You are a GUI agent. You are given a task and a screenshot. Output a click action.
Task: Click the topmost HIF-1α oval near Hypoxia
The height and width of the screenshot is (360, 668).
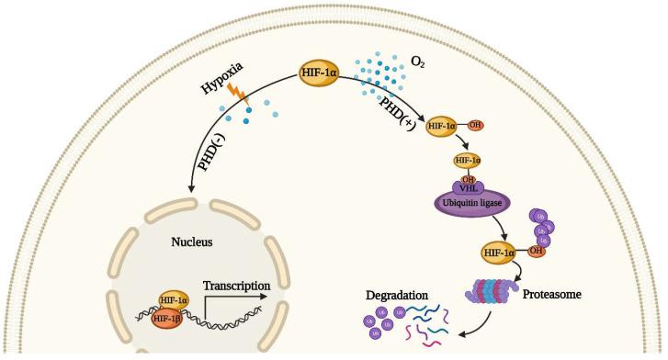click(321, 73)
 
